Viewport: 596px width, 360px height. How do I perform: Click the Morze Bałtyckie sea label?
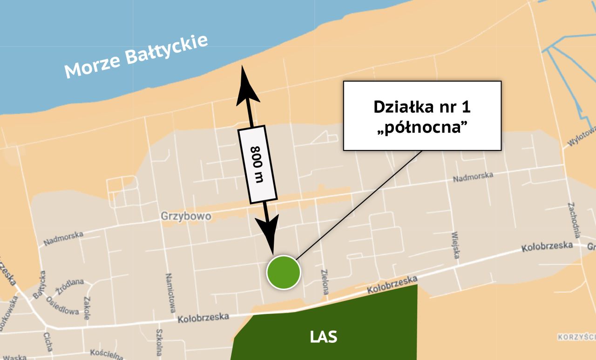(135, 55)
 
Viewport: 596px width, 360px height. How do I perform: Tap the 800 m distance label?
(257, 164)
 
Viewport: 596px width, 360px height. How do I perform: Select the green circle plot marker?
(284, 272)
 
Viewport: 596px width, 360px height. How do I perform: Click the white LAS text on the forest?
(324, 337)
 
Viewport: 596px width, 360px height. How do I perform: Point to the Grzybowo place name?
(186, 217)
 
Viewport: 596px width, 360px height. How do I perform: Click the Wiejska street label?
(455, 245)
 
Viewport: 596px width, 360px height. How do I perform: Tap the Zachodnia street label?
(573, 220)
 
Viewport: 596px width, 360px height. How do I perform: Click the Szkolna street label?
(159, 343)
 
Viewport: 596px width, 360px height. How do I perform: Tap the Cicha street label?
(48, 342)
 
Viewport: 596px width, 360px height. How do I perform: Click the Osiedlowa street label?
(62, 306)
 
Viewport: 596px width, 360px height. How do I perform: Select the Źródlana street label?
(70, 286)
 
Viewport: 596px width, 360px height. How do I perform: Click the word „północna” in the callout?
(422, 127)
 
